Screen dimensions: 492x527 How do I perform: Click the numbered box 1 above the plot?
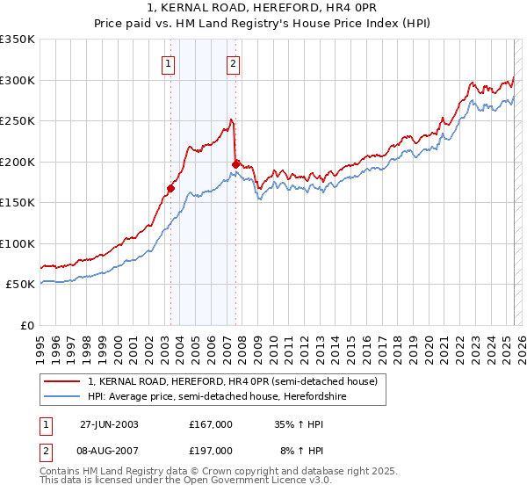point(168,62)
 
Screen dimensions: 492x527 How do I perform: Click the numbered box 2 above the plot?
point(234,62)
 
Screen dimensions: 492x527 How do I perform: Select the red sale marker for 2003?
point(171,188)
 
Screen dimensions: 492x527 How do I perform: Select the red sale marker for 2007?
point(235,163)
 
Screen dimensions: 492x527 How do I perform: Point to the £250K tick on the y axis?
point(18,121)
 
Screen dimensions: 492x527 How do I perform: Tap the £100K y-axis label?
point(18,243)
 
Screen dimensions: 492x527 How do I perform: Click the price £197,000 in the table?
point(211,450)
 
